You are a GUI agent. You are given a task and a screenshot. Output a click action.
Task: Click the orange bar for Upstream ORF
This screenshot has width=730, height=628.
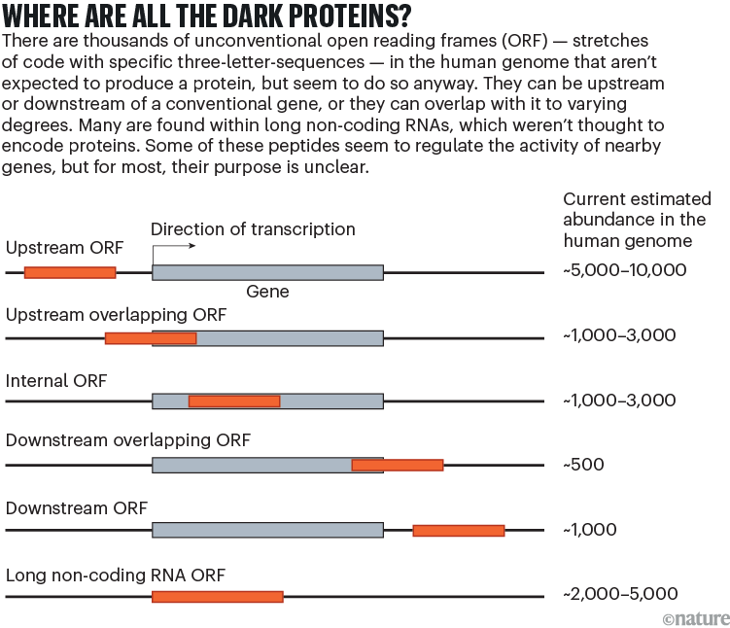click(70, 272)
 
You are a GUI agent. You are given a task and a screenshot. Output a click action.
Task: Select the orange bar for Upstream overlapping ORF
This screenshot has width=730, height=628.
click(151, 338)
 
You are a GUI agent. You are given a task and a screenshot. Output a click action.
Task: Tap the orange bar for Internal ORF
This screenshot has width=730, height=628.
click(234, 401)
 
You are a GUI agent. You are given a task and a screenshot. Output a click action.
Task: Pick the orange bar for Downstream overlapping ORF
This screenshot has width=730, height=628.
click(398, 466)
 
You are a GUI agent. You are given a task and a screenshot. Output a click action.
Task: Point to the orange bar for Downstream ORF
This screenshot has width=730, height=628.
click(459, 531)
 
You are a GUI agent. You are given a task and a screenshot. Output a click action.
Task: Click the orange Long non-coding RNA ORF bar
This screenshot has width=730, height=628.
click(217, 596)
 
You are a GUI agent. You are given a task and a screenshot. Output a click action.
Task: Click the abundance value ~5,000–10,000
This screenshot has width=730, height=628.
click(625, 270)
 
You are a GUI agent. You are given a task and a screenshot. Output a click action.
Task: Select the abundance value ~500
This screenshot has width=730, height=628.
click(583, 465)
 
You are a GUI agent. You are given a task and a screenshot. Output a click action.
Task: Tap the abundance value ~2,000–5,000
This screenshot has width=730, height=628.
click(620, 594)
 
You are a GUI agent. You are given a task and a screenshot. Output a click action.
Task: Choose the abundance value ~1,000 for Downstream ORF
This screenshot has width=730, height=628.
click(590, 530)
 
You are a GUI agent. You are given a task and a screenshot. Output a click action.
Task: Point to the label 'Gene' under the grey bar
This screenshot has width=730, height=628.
click(267, 292)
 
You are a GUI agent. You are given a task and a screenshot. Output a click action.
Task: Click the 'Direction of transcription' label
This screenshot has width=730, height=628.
click(253, 230)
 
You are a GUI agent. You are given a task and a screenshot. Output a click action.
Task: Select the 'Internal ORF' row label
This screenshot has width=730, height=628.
click(56, 380)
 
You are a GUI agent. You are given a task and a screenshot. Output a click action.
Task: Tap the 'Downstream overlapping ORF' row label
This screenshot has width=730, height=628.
click(128, 441)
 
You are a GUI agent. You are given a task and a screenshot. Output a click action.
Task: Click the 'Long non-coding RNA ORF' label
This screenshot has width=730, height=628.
click(116, 576)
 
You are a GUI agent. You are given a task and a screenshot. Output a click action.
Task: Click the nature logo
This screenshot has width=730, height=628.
click(694, 618)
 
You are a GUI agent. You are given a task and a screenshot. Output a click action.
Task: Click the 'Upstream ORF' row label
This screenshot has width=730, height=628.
click(64, 248)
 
